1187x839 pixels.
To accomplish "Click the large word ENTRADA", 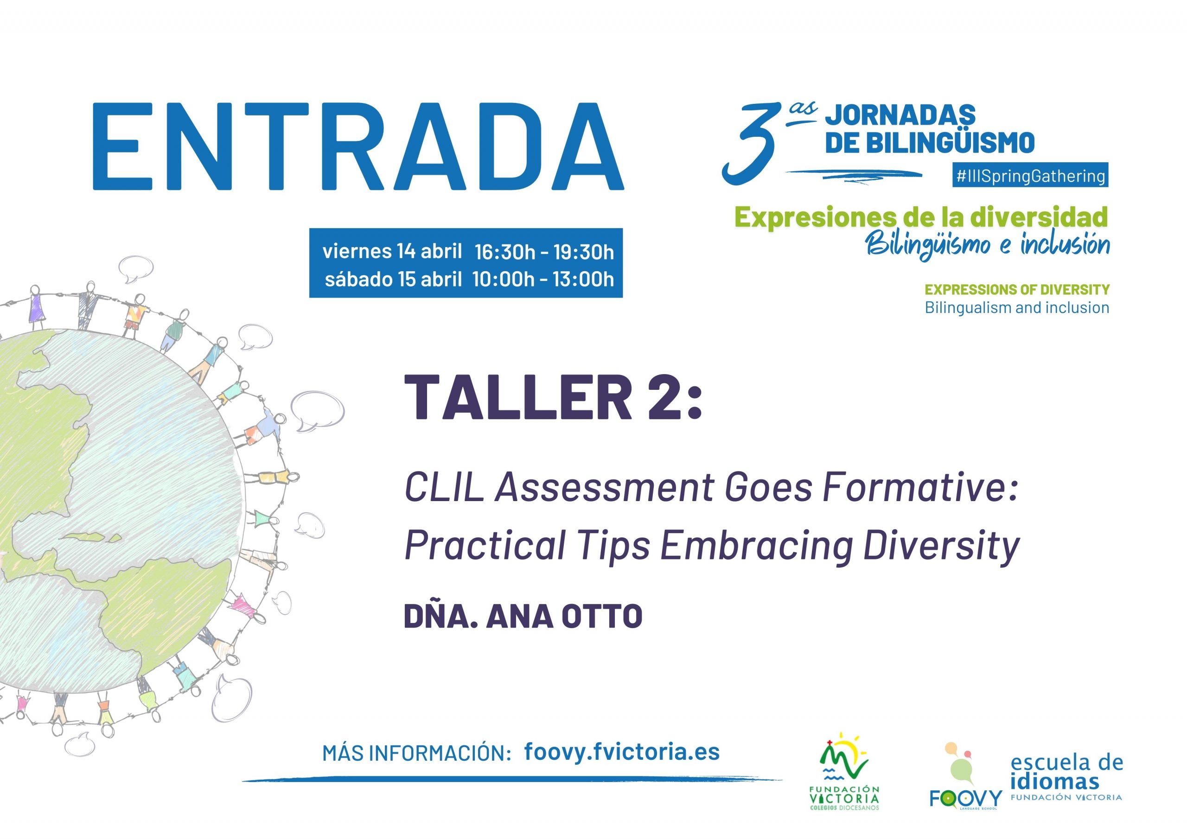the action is click(358, 146).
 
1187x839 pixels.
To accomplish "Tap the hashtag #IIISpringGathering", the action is click(1030, 176).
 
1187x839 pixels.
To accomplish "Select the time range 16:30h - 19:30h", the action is click(544, 252).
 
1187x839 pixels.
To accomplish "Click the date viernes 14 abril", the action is click(392, 251).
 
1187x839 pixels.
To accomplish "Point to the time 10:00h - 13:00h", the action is click(543, 279).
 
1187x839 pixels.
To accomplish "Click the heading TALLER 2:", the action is click(553, 397).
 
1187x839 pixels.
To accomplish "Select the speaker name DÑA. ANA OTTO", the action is click(523, 616).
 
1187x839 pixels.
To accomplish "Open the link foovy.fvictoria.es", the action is click(621, 752).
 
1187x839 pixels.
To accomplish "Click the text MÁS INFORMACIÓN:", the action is click(417, 754).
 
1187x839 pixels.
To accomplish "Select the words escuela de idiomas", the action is click(1066, 772).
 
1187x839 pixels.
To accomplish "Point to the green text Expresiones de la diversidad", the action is click(921, 217).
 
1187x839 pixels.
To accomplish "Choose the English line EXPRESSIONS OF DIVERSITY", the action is click(1017, 290).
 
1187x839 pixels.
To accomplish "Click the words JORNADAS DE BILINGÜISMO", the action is click(930, 129).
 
